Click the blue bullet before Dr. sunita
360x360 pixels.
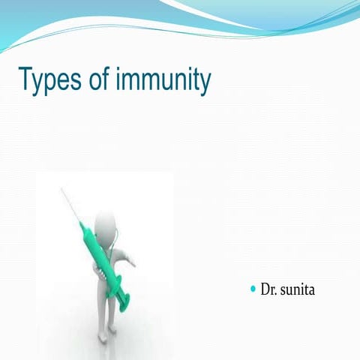[253, 288]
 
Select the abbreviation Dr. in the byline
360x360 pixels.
[268, 289]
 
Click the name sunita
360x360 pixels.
[298, 289]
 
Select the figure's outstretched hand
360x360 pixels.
[132, 262]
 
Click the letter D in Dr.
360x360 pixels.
[265, 289]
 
